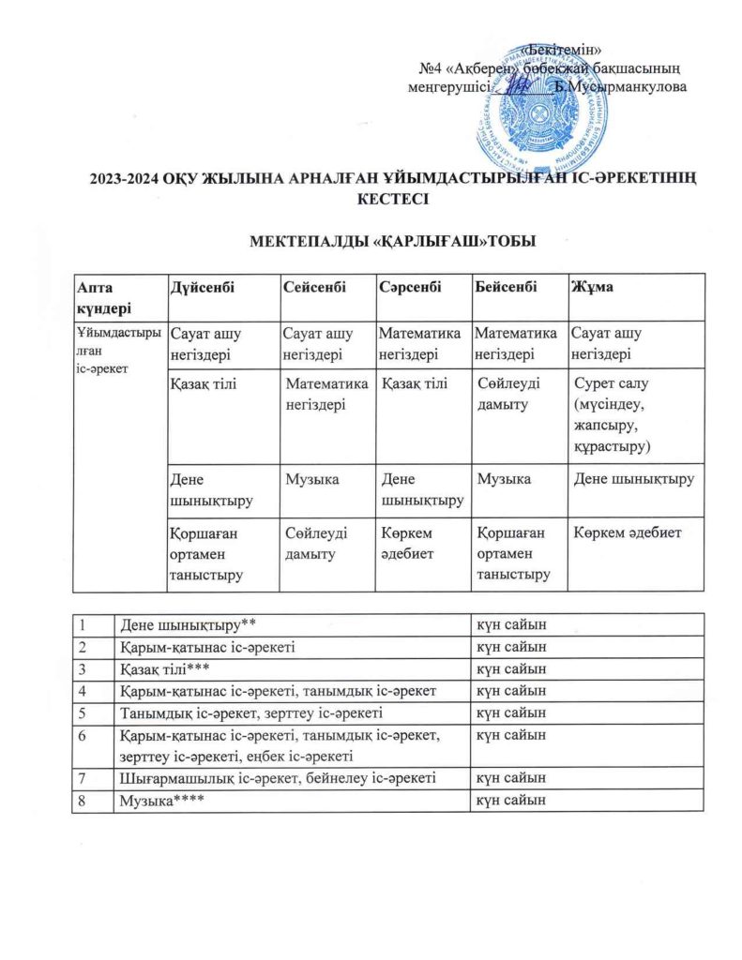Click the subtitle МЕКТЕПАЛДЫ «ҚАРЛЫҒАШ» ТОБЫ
coord(391,243)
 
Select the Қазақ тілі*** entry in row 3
coord(163,668)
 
